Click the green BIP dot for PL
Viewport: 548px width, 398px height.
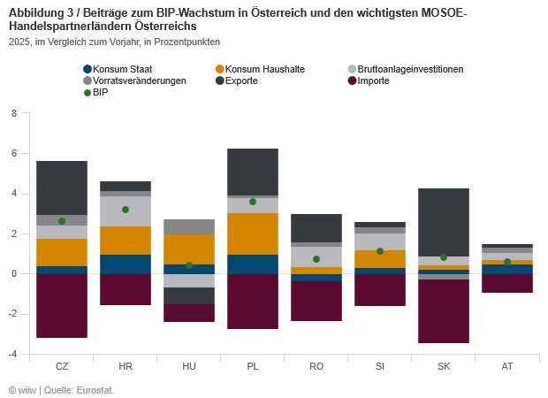(253, 202)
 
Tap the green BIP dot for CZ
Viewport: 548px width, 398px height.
(62, 221)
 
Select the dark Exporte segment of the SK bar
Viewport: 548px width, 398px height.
(444, 222)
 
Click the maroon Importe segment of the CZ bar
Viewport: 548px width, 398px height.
(62, 305)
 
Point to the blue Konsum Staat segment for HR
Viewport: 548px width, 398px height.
(126, 264)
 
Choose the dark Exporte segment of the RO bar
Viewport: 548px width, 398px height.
(316, 227)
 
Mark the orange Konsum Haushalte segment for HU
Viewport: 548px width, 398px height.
(189, 249)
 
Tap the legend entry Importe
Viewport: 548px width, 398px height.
(376, 80)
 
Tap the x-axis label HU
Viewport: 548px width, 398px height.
(189, 366)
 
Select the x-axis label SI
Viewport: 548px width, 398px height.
(380, 366)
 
